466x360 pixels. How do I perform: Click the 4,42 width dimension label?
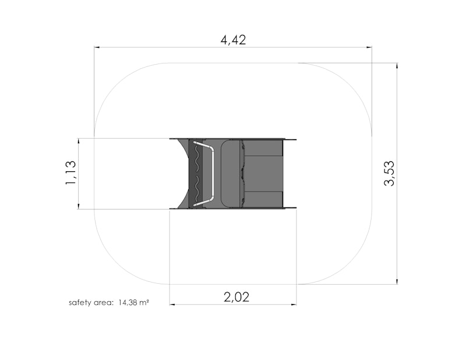coord(234,40)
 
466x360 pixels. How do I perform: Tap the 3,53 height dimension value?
coord(389,174)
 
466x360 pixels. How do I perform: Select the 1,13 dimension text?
coord(70,172)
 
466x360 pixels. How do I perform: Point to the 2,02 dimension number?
coord(236,297)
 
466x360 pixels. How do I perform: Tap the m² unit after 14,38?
coord(144,303)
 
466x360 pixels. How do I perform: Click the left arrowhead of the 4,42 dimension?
coord(97,47)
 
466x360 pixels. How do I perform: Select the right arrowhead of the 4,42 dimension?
coord(369,47)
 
